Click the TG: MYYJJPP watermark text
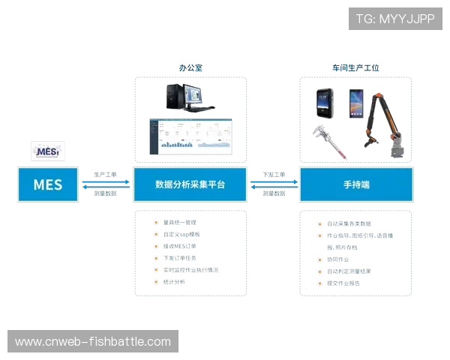[x=395, y=18]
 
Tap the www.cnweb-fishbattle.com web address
[x=93, y=342]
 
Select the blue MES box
[x=48, y=184]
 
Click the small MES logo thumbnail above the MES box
[x=47, y=151]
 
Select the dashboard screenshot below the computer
[x=189, y=135]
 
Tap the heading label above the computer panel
[x=189, y=67]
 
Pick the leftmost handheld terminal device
[x=324, y=102]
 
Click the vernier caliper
[x=329, y=142]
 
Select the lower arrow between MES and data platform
[x=106, y=192]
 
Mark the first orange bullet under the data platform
[x=155, y=223]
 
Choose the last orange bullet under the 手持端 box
[x=319, y=283]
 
